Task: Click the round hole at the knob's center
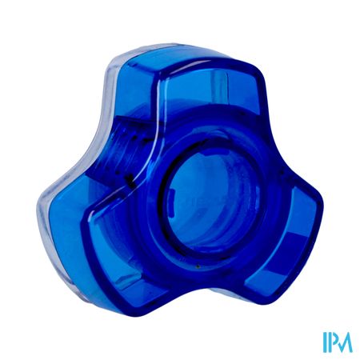[213, 202]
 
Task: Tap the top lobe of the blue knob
[186, 88]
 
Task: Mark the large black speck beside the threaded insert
[130, 179]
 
